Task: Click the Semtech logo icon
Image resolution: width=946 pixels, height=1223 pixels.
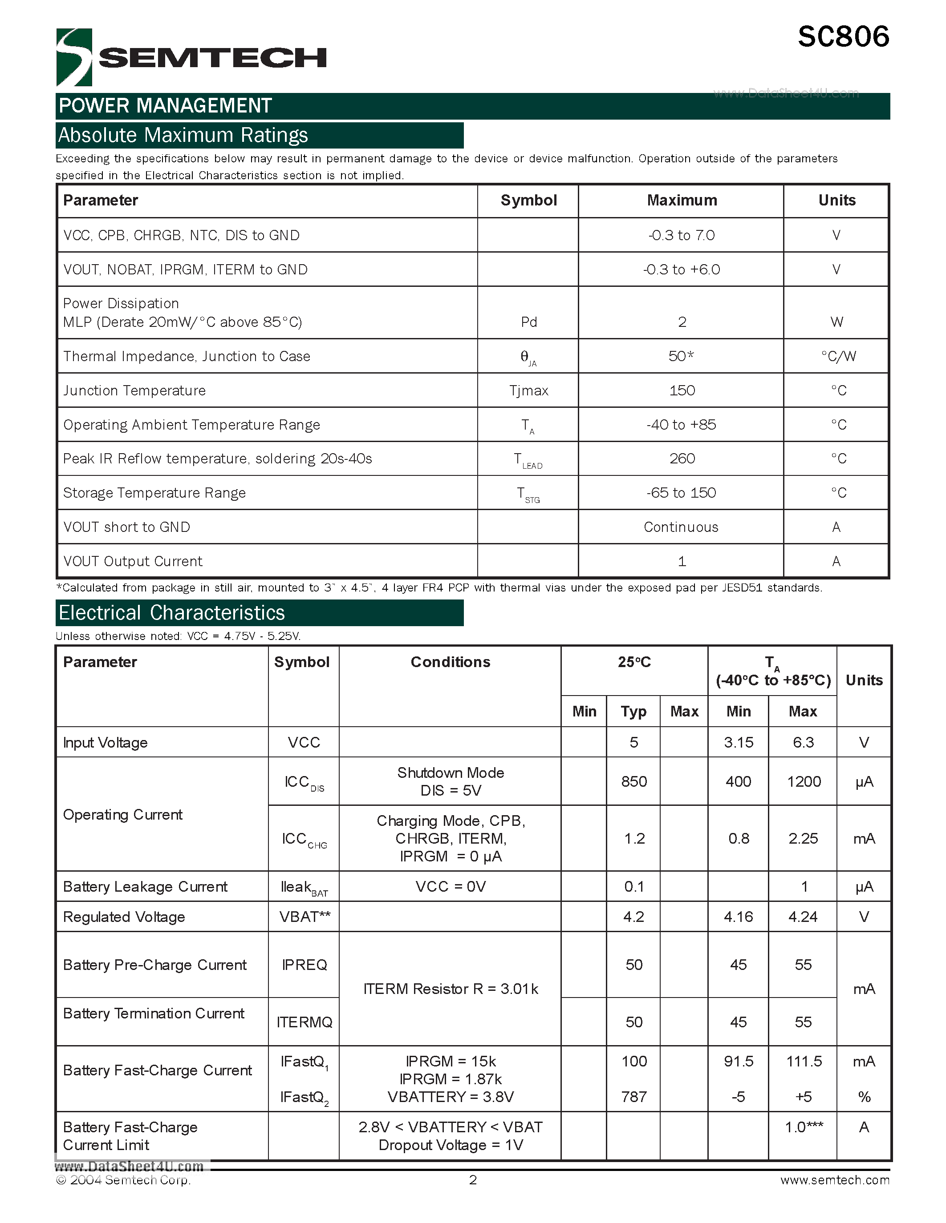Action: [74, 57]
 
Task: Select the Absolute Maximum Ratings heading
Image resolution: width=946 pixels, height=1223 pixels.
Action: [183, 136]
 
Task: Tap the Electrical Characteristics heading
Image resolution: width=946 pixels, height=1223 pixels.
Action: [172, 613]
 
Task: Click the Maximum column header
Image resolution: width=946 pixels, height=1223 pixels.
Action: [682, 201]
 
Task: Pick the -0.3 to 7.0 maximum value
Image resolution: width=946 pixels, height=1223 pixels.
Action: [682, 235]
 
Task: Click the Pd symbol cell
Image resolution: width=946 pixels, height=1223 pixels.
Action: [528, 322]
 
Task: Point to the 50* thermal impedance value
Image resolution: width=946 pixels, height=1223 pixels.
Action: [681, 356]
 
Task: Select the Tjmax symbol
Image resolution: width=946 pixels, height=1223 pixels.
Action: [528, 390]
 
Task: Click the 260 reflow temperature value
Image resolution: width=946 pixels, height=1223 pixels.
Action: [682, 459]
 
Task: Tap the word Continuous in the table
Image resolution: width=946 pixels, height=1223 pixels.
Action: [681, 527]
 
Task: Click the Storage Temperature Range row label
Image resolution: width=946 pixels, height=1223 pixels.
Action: [154, 493]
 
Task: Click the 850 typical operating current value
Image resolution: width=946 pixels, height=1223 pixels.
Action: [634, 781]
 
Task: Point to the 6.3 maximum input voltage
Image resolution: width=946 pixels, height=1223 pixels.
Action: [803, 743]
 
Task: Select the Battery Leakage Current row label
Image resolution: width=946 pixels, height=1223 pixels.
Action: [145, 886]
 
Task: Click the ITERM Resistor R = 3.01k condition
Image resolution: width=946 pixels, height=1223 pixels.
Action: [451, 989]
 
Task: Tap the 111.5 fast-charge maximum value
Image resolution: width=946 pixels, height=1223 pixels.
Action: [804, 1061]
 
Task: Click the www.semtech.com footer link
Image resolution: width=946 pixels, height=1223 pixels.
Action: [834, 1180]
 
